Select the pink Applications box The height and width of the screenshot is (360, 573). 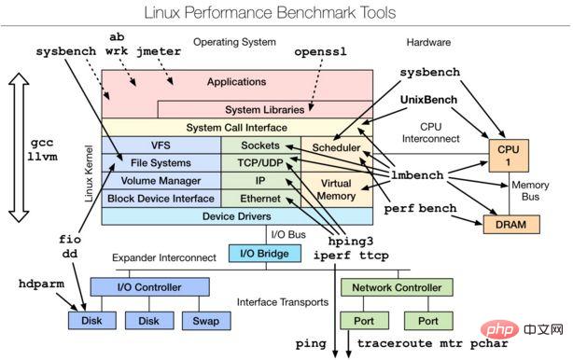click(x=236, y=82)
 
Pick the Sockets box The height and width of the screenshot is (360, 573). click(x=260, y=145)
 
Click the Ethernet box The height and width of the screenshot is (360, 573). click(x=260, y=198)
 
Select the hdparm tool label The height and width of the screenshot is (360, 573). click(x=43, y=283)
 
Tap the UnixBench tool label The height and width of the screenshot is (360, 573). click(x=433, y=98)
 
